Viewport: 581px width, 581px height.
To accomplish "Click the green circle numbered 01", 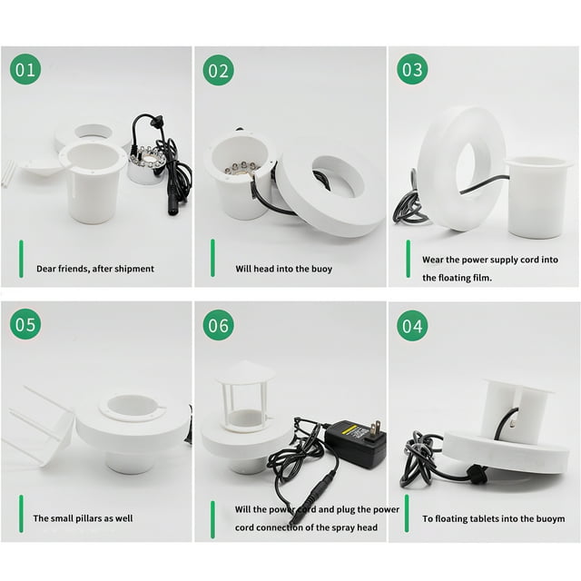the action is (25, 69).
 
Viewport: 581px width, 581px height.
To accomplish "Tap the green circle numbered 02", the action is (218, 70).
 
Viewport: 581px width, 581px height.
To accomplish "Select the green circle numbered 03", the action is (412, 69).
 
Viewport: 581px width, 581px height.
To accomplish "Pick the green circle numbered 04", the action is (412, 326).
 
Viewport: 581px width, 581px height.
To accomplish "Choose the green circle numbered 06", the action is (218, 325).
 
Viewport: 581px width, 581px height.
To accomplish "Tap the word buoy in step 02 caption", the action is (321, 270).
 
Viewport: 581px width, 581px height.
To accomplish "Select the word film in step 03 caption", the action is (481, 278).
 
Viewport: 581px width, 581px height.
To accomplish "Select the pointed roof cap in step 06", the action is (245, 371).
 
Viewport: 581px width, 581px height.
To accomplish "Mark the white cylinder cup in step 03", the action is (536, 198).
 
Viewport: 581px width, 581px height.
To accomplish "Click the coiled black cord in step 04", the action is (419, 460).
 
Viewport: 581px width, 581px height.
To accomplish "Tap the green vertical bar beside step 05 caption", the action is (21, 514).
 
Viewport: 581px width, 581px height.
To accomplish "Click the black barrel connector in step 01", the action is (173, 206).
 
